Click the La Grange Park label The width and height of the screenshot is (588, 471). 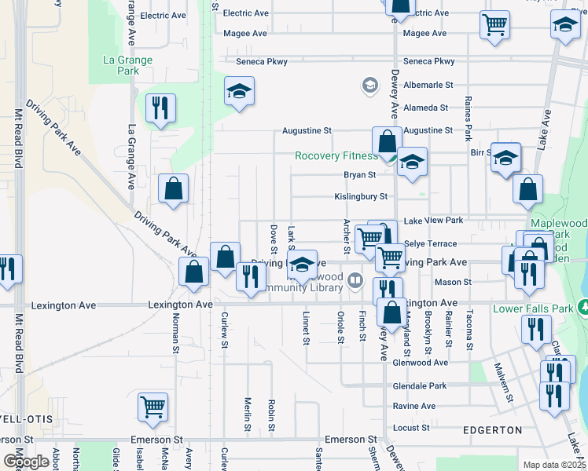[x=127, y=65]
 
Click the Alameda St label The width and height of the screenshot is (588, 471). [x=425, y=108]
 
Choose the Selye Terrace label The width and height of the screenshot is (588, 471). [x=431, y=244]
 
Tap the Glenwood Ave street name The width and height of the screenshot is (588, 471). [x=421, y=363]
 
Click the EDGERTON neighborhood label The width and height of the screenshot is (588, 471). [x=492, y=430]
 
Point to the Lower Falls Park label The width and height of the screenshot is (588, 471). [x=533, y=309]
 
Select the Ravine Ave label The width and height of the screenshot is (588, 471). [x=414, y=407]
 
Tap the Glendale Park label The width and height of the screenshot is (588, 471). [x=420, y=386]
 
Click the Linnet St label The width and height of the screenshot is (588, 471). [x=305, y=328]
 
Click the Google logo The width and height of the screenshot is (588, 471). [x=26, y=462]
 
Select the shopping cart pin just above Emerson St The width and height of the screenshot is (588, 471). [x=153, y=406]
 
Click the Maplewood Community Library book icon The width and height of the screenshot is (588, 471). [x=356, y=279]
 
